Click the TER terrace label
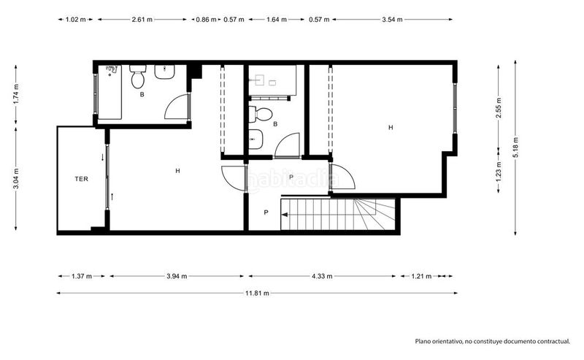point(82,179)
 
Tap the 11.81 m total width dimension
point(257,294)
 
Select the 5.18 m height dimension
point(515,148)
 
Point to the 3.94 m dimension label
point(177,276)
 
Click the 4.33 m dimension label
point(322,276)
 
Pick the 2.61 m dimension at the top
point(142,20)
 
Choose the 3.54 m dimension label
point(392,20)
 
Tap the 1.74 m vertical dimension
point(15,95)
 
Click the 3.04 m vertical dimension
point(15,179)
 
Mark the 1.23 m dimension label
point(499,169)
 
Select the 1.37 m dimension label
point(82,276)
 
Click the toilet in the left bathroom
point(138,77)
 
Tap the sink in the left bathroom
point(165,72)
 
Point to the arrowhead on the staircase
point(285,215)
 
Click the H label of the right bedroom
point(391,128)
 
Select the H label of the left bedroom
point(177,171)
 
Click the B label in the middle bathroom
point(275,124)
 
